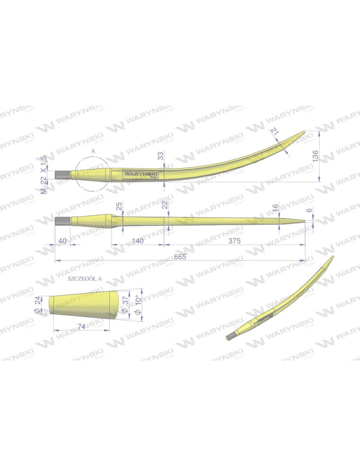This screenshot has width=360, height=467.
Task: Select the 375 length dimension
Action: click(234, 241)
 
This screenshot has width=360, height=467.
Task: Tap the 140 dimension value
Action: click(138, 241)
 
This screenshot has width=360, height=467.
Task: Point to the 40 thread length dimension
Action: click(63, 241)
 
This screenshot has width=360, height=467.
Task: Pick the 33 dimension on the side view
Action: click(161, 156)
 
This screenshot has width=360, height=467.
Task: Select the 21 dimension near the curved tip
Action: click(275, 132)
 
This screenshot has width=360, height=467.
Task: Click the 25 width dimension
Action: click(120, 205)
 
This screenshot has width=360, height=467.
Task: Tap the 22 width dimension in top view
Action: click(164, 205)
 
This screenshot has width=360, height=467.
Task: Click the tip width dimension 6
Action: click(309, 211)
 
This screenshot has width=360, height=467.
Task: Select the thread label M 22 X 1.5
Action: click(44, 175)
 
